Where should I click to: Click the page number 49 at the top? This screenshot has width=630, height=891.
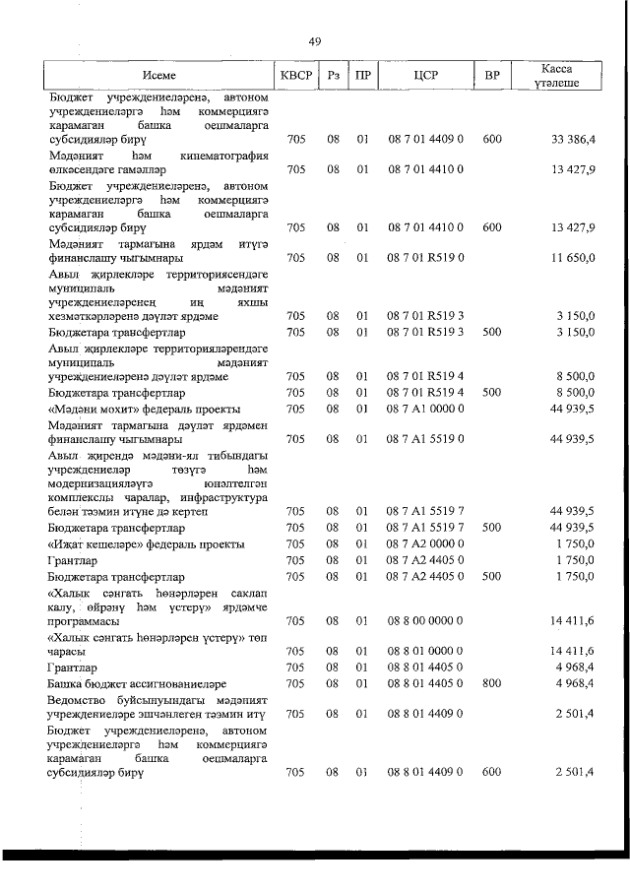click(x=314, y=41)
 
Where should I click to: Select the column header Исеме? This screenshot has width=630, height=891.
click(x=160, y=76)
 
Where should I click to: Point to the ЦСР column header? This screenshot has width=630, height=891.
click(x=425, y=76)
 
